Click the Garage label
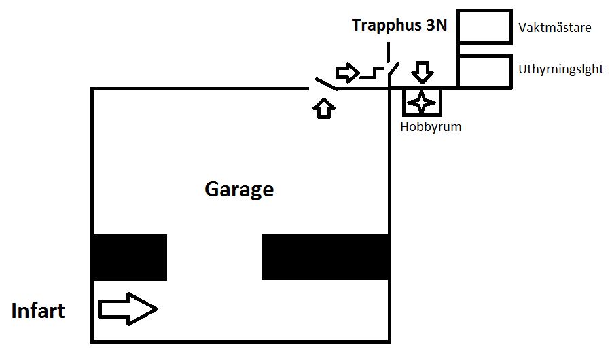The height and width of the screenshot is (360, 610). [x=239, y=190]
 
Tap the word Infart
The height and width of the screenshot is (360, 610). [x=38, y=311]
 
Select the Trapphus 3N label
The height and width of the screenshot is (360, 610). [x=399, y=26]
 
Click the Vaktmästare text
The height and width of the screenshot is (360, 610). [x=554, y=29]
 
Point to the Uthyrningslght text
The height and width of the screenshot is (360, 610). [x=560, y=69]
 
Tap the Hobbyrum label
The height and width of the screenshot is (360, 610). [x=431, y=126]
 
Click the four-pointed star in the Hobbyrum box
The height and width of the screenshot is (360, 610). [x=422, y=102]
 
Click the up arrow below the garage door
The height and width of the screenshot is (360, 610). [x=325, y=107]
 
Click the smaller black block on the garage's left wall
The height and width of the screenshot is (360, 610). [x=130, y=257]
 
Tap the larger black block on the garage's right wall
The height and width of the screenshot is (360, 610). [x=325, y=257]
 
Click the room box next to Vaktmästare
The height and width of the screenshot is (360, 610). [x=484, y=27]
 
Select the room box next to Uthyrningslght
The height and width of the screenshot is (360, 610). [x=484, y=71]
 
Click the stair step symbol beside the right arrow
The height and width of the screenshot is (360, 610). [x=372, y=73]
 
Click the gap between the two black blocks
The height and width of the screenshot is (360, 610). [x=214, y=257]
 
